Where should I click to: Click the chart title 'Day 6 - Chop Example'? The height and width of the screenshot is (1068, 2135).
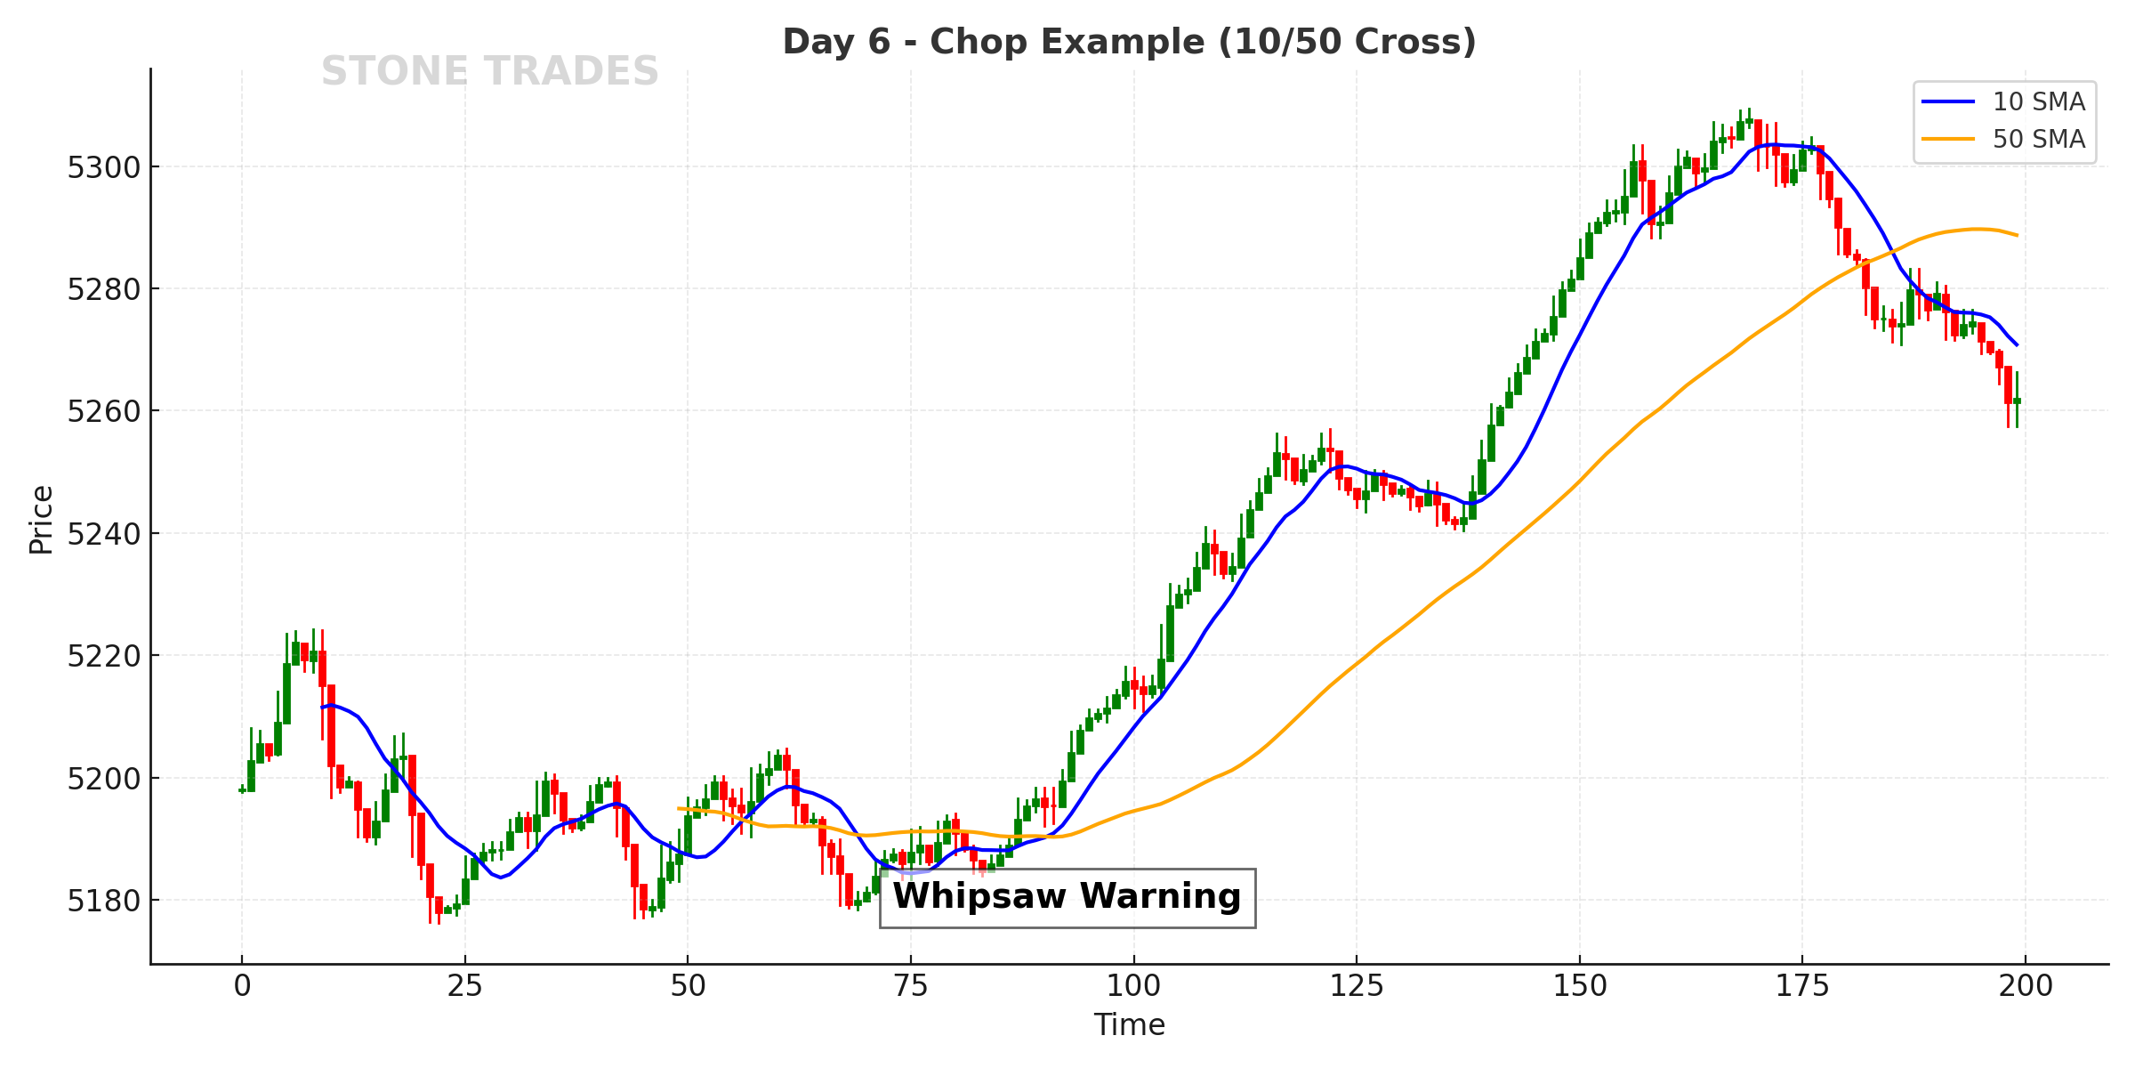coord(1129,42)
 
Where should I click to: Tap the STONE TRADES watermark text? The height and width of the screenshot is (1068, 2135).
coord(489,72)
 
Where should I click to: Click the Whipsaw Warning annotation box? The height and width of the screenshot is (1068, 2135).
coord(1067,897)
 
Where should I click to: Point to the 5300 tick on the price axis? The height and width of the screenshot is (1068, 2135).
coord(103,167)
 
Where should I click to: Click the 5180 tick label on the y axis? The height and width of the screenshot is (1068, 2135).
coord(103,901)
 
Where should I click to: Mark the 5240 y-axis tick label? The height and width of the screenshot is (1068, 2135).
coord(103,534)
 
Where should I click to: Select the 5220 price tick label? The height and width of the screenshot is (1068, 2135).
coord(103,656)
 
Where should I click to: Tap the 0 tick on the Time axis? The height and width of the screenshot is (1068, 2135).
coord(242,986)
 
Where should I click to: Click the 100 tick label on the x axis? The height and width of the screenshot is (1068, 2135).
coord(1133,986)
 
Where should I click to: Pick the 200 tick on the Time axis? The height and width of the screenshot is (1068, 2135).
coord(2026,986)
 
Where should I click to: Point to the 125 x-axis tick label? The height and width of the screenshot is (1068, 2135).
coord(1357,986)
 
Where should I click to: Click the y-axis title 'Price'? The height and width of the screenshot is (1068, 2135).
coord(41,520)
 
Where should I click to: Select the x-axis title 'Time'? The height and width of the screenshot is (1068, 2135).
coord(1129,1025)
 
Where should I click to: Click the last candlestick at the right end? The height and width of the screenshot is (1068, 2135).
coord(2017,400)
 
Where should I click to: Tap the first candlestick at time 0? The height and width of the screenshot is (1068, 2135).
coord(242,789)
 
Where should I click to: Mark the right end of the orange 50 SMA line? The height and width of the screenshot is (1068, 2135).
coord(2017,235)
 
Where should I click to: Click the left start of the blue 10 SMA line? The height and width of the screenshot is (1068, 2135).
coord(322,708)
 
